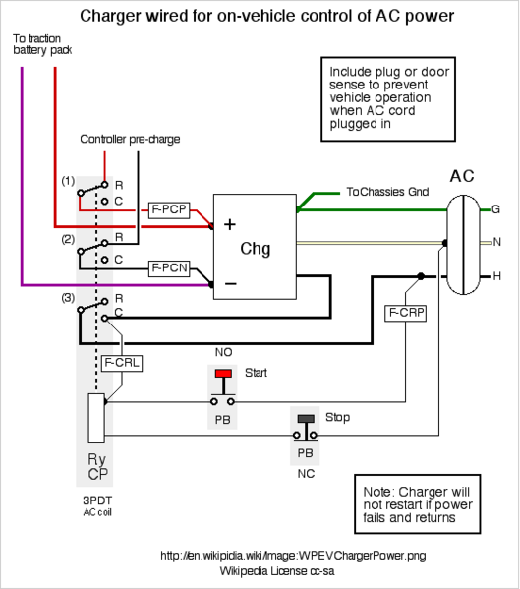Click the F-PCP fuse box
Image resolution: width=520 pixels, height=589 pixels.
click(x=169, y=209)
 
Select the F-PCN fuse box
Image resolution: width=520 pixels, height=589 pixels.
click(x=169, y=268)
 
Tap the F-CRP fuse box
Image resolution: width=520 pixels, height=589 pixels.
click(x=406, y=313)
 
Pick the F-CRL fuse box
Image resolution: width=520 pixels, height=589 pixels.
click(x=122, y=363)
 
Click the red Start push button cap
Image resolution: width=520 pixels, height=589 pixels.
click(x=223, y=373)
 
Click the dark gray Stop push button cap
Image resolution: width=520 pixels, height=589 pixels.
click(x=306, y=418)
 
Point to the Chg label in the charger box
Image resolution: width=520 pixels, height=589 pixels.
click(x=256, y=249)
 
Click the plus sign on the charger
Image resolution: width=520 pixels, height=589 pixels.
click(x=230, y=224)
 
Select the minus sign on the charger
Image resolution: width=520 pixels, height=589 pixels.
click(x=230, y=283)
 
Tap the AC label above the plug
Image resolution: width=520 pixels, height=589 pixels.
click(x=462, y=176)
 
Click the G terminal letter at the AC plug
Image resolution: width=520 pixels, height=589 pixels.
click(x=496, y=209)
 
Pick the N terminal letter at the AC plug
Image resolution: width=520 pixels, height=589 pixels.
click(x=497, y=242)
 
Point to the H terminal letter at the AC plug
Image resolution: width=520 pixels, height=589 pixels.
click(x=497, y=276)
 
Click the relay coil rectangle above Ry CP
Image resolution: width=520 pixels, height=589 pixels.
click(x=96, y=419)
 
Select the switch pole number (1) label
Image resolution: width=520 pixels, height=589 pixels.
click(x=68, y=181)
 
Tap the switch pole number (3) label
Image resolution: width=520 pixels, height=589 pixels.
click(x=68, y=298)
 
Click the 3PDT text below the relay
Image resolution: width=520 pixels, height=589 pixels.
click(x=97, y=501)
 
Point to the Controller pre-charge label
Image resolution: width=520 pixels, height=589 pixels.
click(x=130, y=139)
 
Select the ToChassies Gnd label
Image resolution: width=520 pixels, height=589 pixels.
click(x=387, y=192)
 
